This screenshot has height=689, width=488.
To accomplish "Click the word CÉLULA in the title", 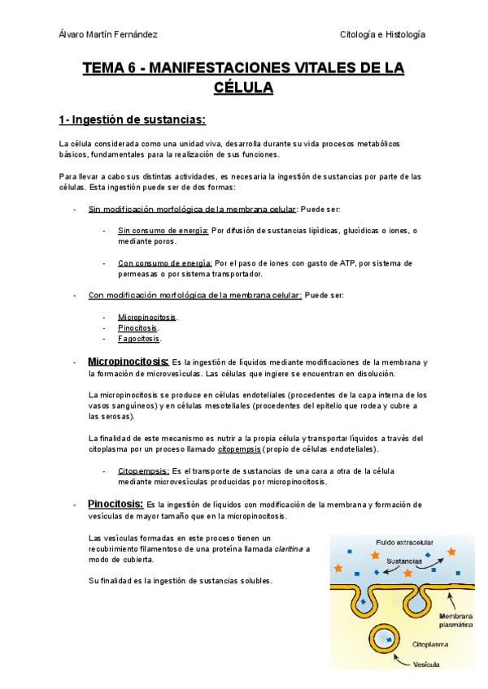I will pyautogui.click(x=243, y=87).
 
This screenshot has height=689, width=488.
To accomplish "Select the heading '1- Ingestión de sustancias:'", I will pyautogui.click(x=133, y=121).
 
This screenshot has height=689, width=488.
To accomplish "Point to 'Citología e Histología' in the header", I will pyautogui.click(x=382, y=35).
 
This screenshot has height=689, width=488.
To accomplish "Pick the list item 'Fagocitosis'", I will pyautogui.click(x=139, y=339).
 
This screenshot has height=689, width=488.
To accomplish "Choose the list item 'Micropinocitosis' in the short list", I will pyautogui.click(x=147, y=317).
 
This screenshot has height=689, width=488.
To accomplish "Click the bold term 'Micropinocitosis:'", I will pyautogui.click(x=128, y=361).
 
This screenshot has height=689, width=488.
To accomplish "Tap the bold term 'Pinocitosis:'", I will pyautogui.click(x=116, y=504).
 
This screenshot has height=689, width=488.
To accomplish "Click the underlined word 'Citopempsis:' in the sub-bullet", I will pyautogui.click(x=143, y=470).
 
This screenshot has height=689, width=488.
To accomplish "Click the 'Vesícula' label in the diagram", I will pyautogui.click(x=427, y=664).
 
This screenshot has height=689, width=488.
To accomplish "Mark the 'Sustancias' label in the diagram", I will pyautogui.click(x=403, y=561).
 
